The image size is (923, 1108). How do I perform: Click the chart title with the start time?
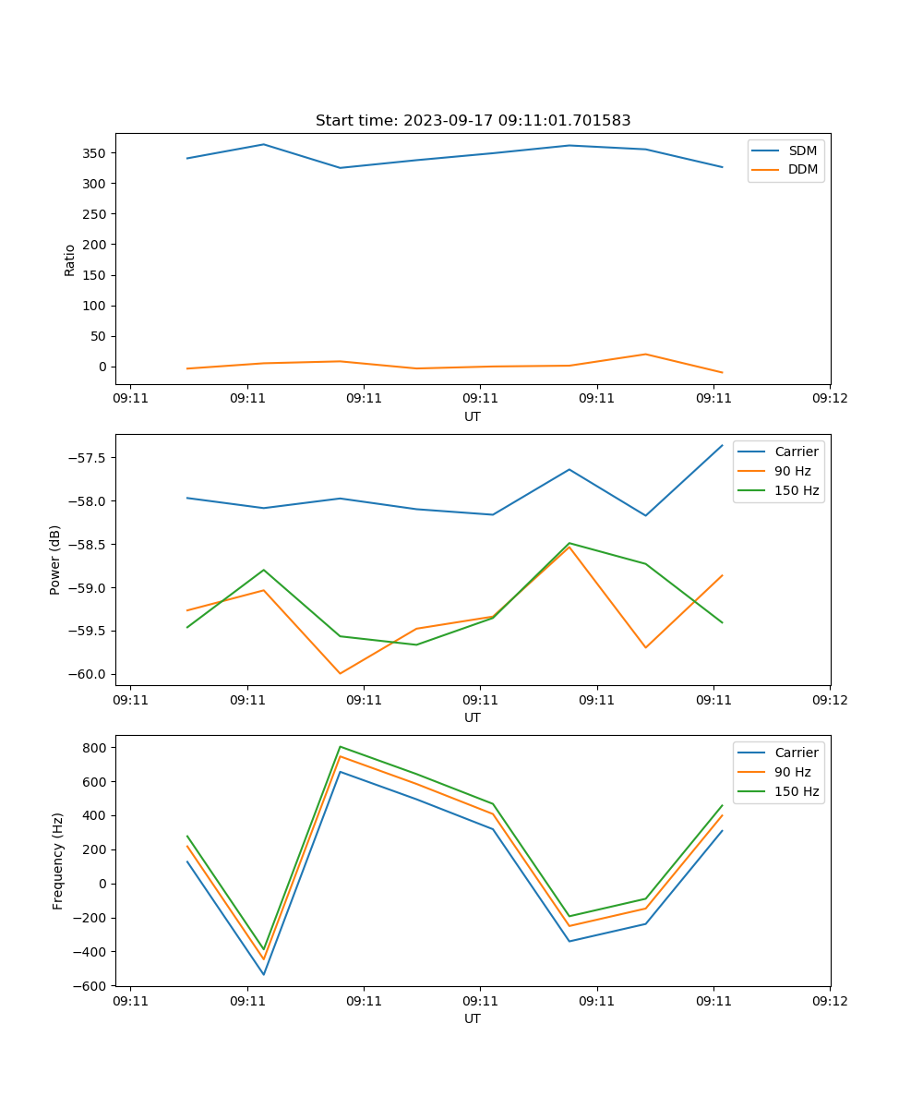(x=473, y=121)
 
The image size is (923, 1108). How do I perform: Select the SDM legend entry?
(x=802, y=151)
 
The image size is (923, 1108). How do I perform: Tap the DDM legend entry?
(x=803, y=169)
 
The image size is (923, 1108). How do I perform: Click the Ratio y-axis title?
(x=70, y=259)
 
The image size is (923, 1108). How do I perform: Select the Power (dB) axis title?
(x=55, y=560)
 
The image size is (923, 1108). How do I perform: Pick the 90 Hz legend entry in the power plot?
(x=792, y=471)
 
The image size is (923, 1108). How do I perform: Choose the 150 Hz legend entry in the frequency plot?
(x=797, y=791)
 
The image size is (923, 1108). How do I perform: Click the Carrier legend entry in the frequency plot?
(x=796, y=753)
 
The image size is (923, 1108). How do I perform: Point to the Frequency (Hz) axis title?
(x=58, y=861)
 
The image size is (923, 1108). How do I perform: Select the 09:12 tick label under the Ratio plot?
(x=829, y=399)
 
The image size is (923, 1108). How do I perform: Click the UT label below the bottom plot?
(x=473, y=1018)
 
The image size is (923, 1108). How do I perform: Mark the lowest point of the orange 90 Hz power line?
(x=341, y=673)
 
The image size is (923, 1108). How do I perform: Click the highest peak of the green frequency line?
(x=341, y=746)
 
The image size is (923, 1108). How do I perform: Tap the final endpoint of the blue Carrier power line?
(x=723, y=445)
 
